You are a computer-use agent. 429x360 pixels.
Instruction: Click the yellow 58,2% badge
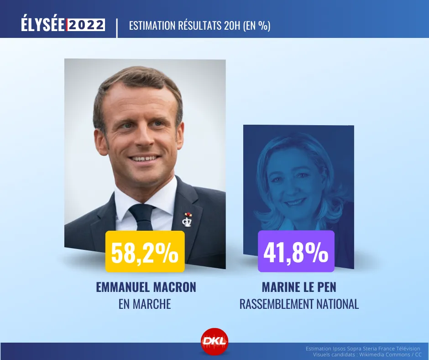click(x=145, y=252)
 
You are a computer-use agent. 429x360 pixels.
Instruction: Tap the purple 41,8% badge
click(x=296, y=252)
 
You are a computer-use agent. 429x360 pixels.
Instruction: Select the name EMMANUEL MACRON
click(x=146, y=287)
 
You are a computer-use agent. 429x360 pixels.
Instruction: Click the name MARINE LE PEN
click(x=299, y=287)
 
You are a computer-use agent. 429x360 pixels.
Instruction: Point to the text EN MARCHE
click(x=145, y=304)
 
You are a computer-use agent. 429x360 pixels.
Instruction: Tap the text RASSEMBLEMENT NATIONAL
click(x=299, y=304)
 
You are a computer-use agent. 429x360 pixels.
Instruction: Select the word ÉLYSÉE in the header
click(x=43, y=25)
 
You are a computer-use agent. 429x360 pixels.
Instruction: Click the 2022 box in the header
click(x=86, y=25)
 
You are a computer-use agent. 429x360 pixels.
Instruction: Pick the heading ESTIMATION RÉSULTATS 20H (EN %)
click(x=200, y=26)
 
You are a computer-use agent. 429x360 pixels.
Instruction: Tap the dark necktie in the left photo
click(x=142, y=217)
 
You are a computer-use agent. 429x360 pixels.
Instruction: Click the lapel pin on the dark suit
click(x=188, y=219)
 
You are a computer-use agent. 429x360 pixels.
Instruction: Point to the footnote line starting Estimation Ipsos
click(x=363, y=349)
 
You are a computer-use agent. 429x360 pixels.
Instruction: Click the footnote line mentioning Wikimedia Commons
click(x=367, y=355)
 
